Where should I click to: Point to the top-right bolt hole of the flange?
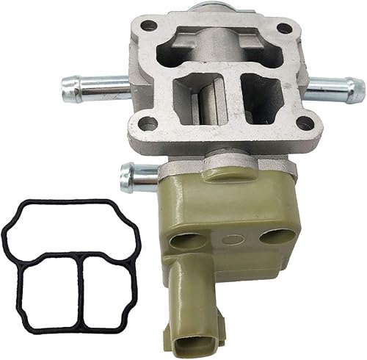[x=283, y=29]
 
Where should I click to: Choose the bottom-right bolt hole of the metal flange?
[x=303, y=123]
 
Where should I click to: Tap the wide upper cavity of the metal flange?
[x=220, y=47]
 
